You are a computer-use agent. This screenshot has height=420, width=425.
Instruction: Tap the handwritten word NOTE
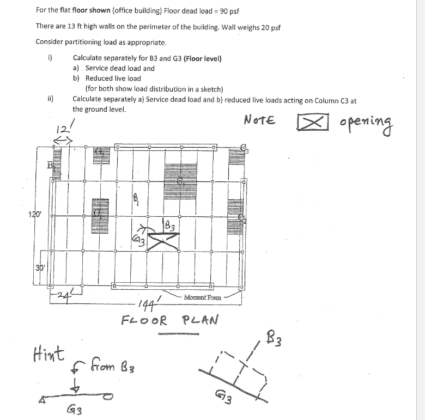(260, 119)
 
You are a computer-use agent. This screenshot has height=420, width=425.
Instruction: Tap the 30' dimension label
(40, 267)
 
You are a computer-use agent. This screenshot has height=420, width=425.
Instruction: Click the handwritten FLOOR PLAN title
(169, 319)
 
